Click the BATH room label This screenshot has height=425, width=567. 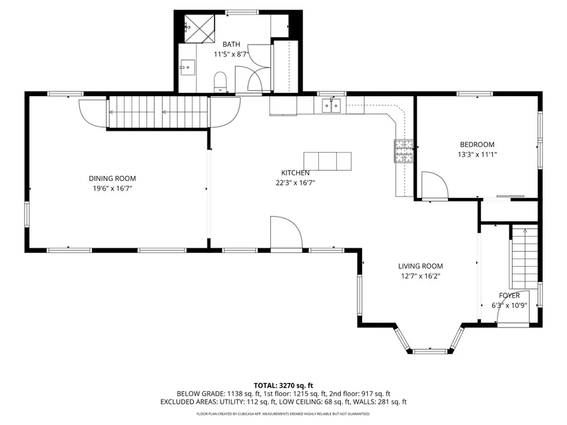click(x=231, y=45)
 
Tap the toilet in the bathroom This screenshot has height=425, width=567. click(x=220, y=82)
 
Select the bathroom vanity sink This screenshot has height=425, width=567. click(x=188, y=67)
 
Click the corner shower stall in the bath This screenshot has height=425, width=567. click(x=199, y=29)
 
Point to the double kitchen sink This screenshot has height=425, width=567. click(x=331, y=105)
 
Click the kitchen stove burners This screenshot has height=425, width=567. click(x=403, y=151)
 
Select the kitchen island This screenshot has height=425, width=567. click(x=327, y=162)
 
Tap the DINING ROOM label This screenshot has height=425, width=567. click(x=113, y=178)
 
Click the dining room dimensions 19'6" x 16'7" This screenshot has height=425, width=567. click(x=113, y=188)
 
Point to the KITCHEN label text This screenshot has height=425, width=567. click(x=296, y=173)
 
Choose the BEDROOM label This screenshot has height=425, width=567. click(x=478, y=144)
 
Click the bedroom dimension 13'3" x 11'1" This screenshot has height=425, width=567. click(x=478, y=155)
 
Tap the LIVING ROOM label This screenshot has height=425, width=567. click(x=421, y=266)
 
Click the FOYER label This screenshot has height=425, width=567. click(x=509, y=296)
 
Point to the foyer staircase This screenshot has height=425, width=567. click(x=524, y=257)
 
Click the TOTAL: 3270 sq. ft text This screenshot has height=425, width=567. click(x=283, y=386)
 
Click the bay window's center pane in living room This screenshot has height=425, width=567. click(x=430, y=351)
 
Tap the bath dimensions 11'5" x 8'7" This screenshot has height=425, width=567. click(x=231, y=54)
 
